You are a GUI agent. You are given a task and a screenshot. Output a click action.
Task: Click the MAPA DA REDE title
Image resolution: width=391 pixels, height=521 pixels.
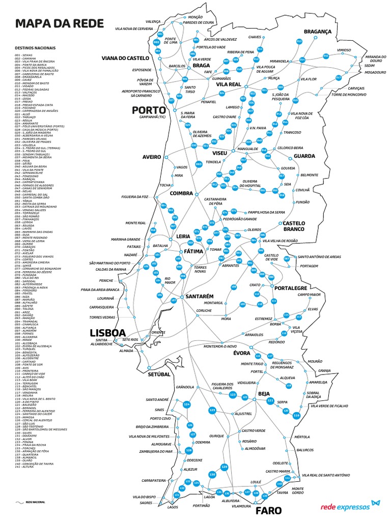[x=60, y=23]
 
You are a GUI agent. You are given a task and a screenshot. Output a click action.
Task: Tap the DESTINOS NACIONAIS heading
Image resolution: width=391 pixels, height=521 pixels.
[x=36, y=48]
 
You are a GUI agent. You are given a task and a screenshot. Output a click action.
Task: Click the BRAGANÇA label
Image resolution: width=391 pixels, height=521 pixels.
[x=317, y=32]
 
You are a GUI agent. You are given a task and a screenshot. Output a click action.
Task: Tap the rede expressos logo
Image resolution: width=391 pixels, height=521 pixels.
[x=350, y=506]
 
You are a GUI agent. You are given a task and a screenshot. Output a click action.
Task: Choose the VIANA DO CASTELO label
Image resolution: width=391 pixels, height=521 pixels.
[x=125, y=58]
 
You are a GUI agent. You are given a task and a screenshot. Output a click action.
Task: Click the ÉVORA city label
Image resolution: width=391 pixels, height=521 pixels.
[x=241, y=353]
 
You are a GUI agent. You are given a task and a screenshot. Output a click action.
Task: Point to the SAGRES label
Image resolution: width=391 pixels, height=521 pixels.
[x=146, y=503]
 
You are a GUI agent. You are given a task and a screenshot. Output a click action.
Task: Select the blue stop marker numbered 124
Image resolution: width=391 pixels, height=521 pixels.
[x=187, y=404]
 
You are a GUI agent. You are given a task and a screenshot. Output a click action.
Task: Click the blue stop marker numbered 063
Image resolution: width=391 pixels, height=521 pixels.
[x=199, y=164]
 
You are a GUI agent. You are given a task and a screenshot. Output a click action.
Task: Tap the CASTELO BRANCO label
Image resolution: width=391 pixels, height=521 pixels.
[x=294, y=226]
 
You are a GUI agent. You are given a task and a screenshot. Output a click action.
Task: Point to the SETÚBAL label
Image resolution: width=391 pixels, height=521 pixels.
[x=159, y=374]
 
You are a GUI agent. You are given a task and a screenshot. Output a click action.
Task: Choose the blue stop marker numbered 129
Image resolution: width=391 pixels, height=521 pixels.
[x=224, y=467]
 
